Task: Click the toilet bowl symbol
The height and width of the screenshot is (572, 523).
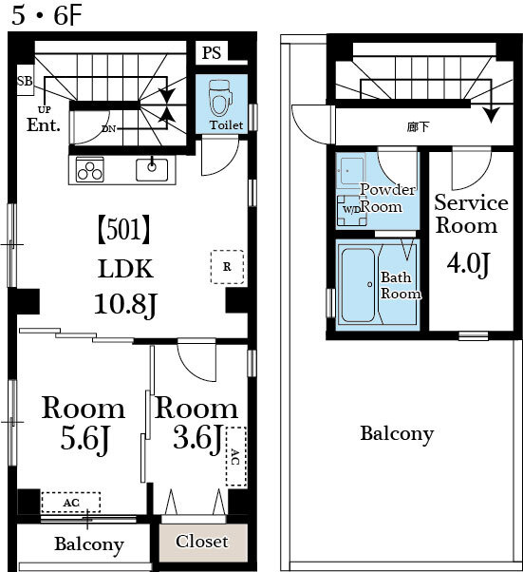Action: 221,98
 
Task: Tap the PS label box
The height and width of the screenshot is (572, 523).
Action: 212,52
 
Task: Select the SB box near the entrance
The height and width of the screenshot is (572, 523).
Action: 25,81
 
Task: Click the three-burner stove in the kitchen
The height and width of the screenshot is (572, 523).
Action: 89,170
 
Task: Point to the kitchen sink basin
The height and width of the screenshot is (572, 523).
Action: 152,170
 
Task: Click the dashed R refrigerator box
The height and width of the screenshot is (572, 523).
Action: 227,267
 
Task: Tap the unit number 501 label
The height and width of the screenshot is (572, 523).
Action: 124,229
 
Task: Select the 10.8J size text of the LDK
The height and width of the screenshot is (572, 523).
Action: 125,305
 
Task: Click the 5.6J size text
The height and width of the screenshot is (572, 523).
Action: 84,439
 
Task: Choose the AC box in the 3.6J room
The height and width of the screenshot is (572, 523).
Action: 236,456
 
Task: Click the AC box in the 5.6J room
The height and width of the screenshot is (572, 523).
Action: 70,503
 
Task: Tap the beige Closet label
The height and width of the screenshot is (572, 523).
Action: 202,542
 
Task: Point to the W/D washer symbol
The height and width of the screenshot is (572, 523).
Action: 352,210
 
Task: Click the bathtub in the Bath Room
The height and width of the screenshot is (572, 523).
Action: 358,285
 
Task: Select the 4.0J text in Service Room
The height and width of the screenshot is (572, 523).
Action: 468,264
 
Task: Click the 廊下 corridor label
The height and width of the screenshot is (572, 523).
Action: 418,127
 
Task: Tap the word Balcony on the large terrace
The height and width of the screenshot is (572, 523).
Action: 397,434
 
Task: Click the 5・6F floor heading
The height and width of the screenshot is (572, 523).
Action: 47,16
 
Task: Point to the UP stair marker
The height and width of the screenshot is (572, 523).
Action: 44,109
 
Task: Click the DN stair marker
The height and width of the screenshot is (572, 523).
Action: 108,128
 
